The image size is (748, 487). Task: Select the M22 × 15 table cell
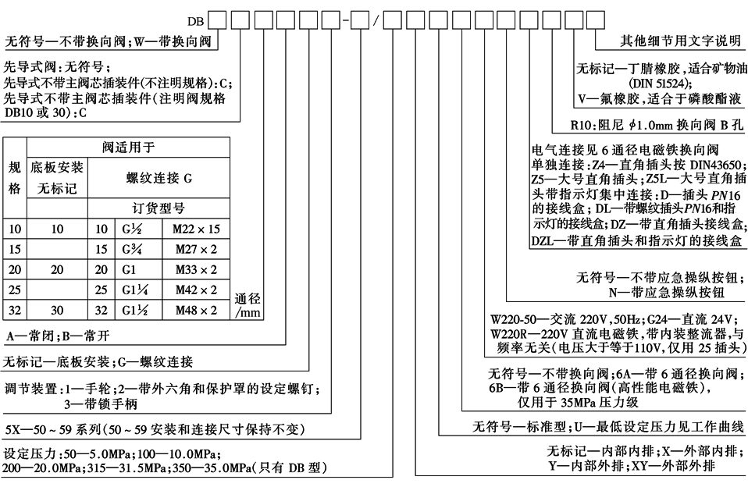click(191, 228)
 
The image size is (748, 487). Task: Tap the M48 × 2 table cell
click(191, 310)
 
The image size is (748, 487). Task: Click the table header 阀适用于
click(129, 147)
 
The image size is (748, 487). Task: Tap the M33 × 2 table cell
click(191, 269)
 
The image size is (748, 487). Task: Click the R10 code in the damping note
click(583, 123)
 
